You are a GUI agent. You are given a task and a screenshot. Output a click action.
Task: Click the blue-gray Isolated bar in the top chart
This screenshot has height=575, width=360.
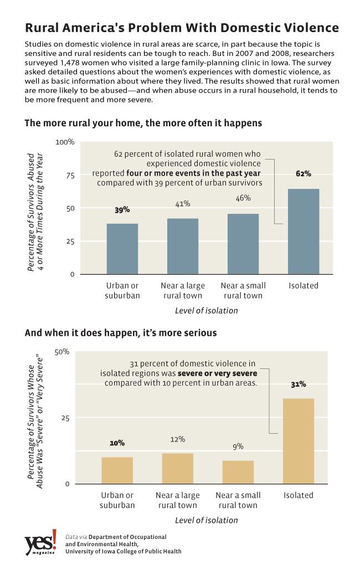[x=304, y=231]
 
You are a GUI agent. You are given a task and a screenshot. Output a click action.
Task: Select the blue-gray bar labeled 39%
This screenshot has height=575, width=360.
[x=122, y=248]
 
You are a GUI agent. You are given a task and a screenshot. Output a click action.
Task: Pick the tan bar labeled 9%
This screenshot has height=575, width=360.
[x=238, y=471]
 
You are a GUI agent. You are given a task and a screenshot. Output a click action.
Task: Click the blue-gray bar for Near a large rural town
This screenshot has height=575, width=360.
[x=183, y=246]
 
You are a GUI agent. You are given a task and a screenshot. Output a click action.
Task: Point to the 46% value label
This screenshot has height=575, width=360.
[x=243, y=198]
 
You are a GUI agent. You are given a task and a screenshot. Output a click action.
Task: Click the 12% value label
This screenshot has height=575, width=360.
[x=178, y=439]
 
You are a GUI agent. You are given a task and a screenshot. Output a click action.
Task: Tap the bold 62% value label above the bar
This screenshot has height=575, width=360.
[x=304, y=173]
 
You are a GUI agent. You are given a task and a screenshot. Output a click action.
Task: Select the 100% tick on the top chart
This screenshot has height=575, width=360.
[x=65, y=142]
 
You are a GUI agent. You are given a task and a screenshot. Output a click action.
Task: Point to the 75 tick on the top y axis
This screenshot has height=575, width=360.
[x=69, y=175]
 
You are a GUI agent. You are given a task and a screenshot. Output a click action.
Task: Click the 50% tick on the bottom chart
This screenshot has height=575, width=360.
[x=61, y=352]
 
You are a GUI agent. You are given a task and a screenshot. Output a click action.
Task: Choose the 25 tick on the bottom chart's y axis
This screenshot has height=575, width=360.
[x=64, y=418]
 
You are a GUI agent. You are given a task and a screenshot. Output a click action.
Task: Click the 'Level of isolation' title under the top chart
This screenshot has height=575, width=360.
[x=206, y=310]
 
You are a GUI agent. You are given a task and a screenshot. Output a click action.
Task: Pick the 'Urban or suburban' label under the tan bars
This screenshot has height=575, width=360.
[x=117, y=500]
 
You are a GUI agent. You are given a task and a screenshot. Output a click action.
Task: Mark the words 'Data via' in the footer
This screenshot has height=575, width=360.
[x=76, y=537]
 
